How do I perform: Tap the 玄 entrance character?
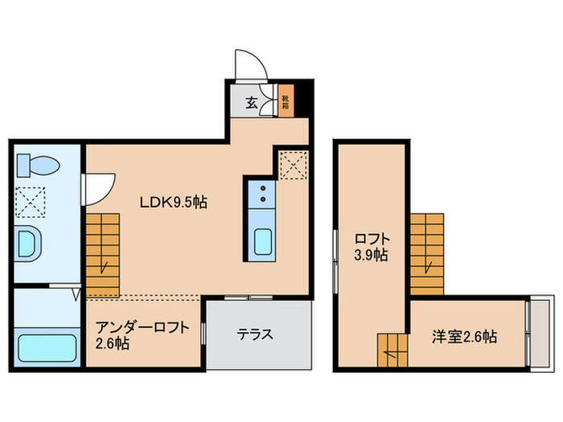coord(252,102)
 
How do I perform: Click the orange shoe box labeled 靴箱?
coord(285,102)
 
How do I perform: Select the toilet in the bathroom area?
coord(38,166)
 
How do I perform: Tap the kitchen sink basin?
coord(263,240)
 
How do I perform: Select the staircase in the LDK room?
coord(103,254)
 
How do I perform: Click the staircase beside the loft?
coord(427,254)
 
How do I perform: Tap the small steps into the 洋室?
coord(393,348)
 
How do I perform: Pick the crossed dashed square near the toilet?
coord(32,203)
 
